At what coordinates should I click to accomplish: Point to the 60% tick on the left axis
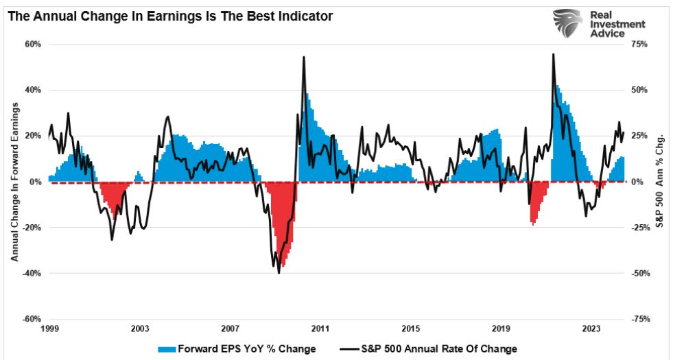(34, 45)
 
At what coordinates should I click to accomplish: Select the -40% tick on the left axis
(32, 274)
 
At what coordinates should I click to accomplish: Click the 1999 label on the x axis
(49, 328)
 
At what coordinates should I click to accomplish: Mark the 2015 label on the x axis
(410, 328)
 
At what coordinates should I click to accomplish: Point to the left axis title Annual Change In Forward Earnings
(14, 182)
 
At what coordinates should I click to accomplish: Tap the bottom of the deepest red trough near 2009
(283, 265)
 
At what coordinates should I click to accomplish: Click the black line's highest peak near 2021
(553, 54)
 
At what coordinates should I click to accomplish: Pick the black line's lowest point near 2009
(279, 273)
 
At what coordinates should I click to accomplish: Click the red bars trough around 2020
(533, 223)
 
